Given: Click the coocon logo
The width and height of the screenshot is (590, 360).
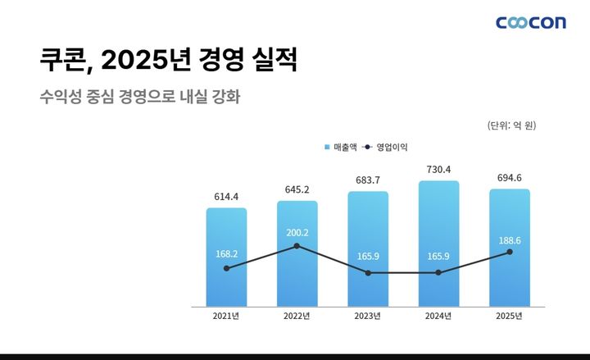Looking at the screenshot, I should coord(530,22).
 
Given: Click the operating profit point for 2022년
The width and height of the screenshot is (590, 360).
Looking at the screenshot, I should coord(297,246).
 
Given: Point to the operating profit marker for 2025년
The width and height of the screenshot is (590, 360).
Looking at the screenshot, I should coord(510,252).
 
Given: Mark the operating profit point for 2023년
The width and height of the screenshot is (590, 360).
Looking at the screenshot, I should coord(368,272).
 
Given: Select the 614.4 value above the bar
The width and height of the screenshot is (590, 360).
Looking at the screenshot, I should coord(226,197).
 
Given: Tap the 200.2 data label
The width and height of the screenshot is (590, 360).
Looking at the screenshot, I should coord(297,232).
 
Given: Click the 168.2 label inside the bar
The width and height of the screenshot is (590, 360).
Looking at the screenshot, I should coord(226,254).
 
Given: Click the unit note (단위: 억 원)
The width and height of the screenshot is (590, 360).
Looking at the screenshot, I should coord(511,125).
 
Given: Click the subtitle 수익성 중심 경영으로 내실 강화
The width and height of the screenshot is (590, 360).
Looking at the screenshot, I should coord(139,96).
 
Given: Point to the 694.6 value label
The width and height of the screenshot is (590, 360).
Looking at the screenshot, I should coord(510,177).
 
